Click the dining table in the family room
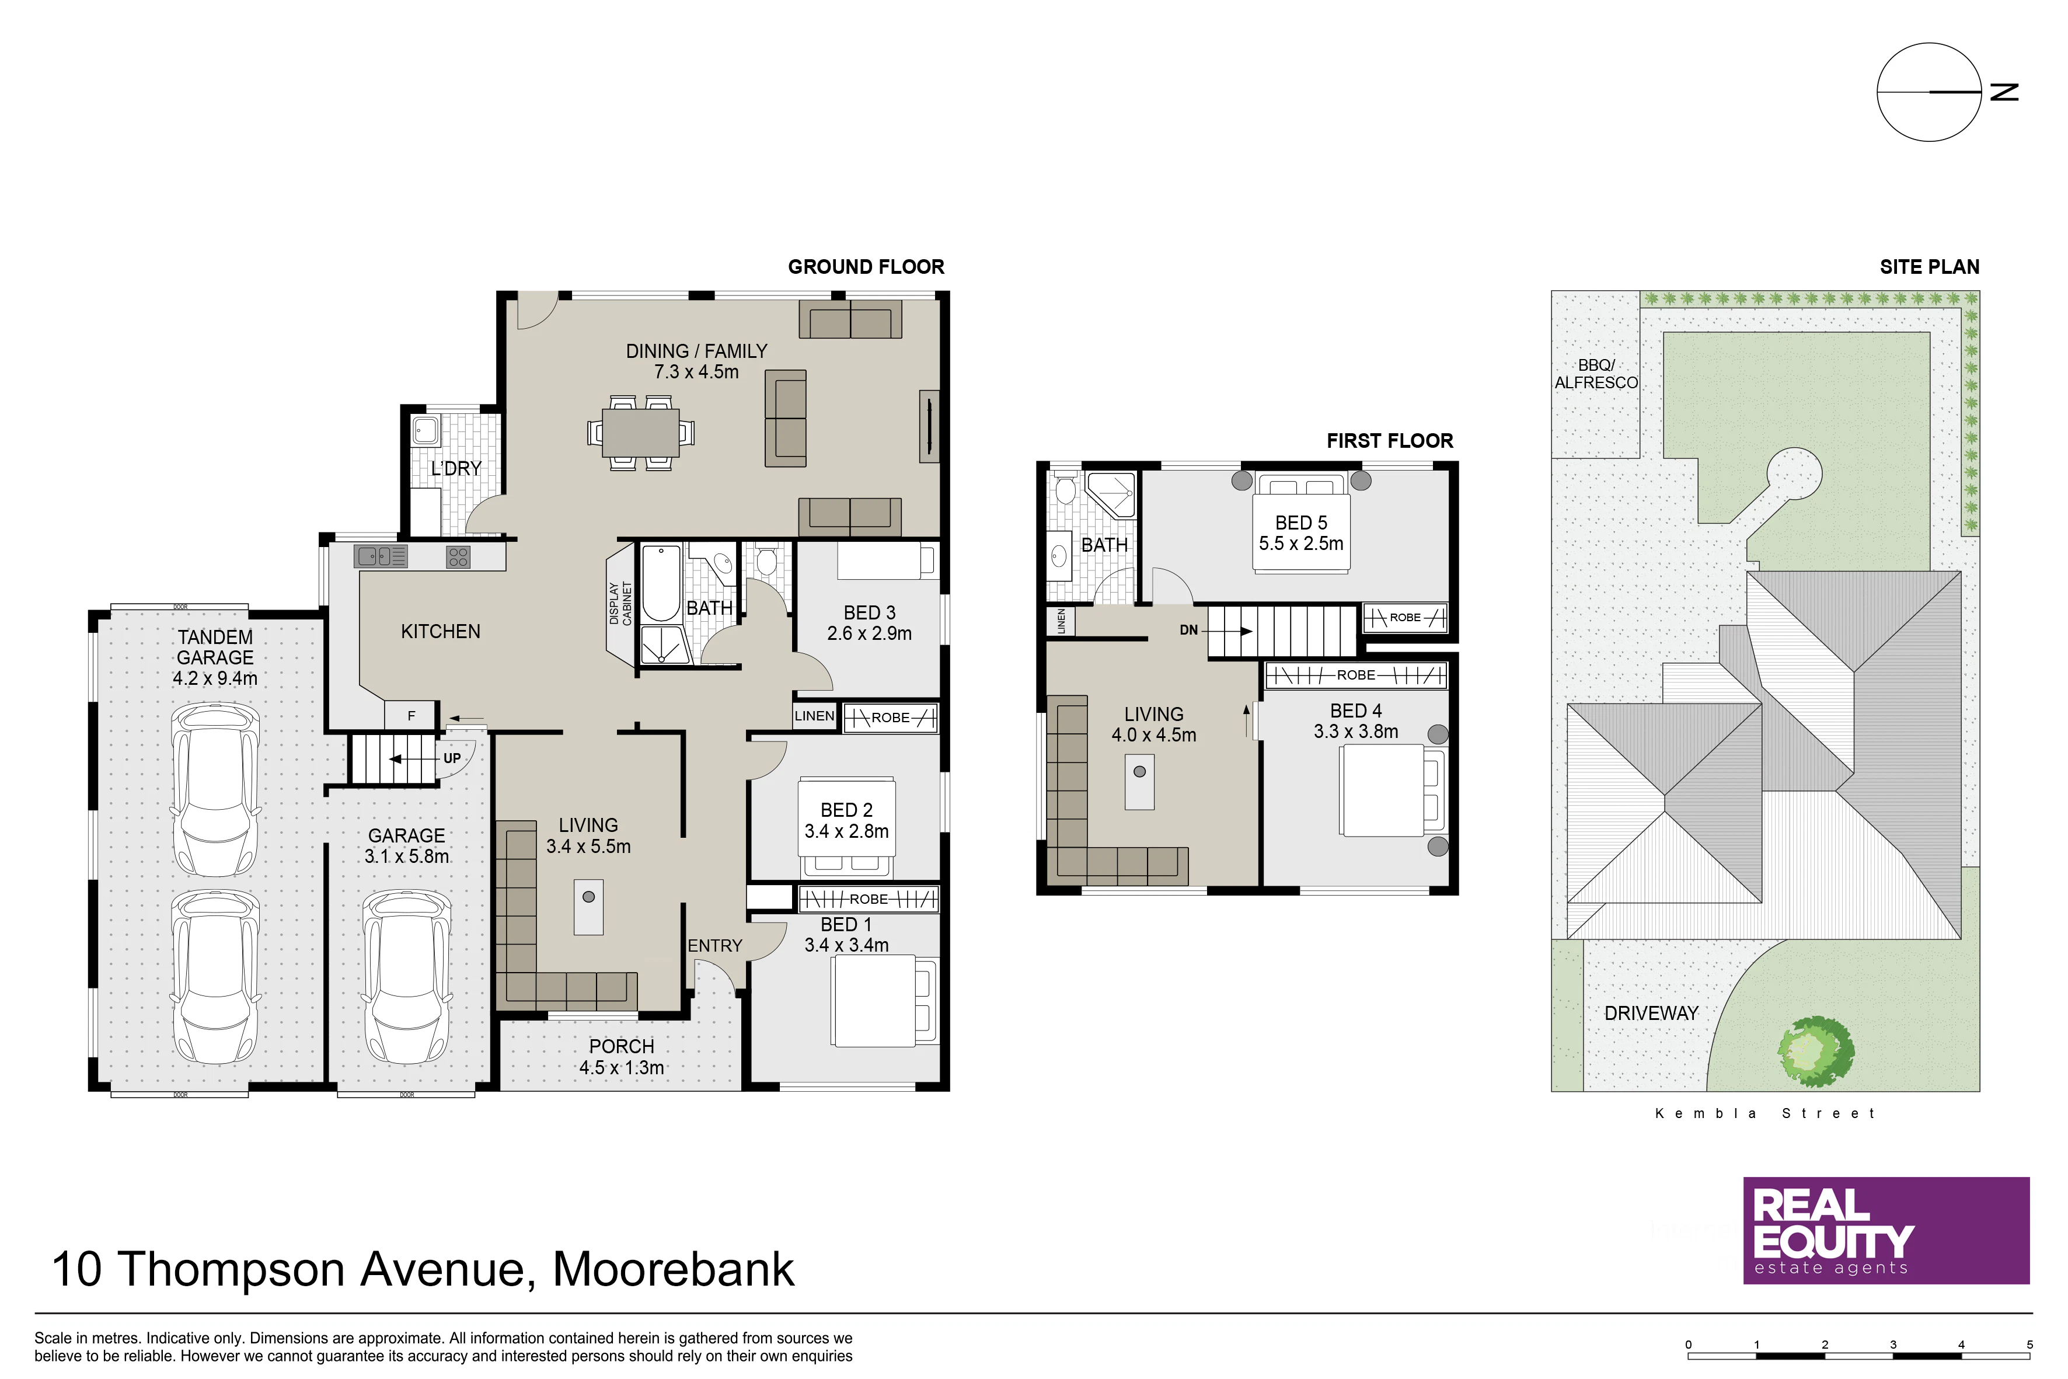coord(641,433)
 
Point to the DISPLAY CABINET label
coord(621,603)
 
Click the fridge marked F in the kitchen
coord(410,716)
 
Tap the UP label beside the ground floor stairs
coord(452,758)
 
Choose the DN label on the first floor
coord(1189,630)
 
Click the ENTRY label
coord(715,945)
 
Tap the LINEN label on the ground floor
coord(814,716)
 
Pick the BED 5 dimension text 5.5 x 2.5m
coord(1300,544)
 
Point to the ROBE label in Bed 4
coord(1356,675)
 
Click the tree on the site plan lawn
coord(1815,1051)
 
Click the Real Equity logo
coord(1886,1230)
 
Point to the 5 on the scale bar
coord(2030,1345)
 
